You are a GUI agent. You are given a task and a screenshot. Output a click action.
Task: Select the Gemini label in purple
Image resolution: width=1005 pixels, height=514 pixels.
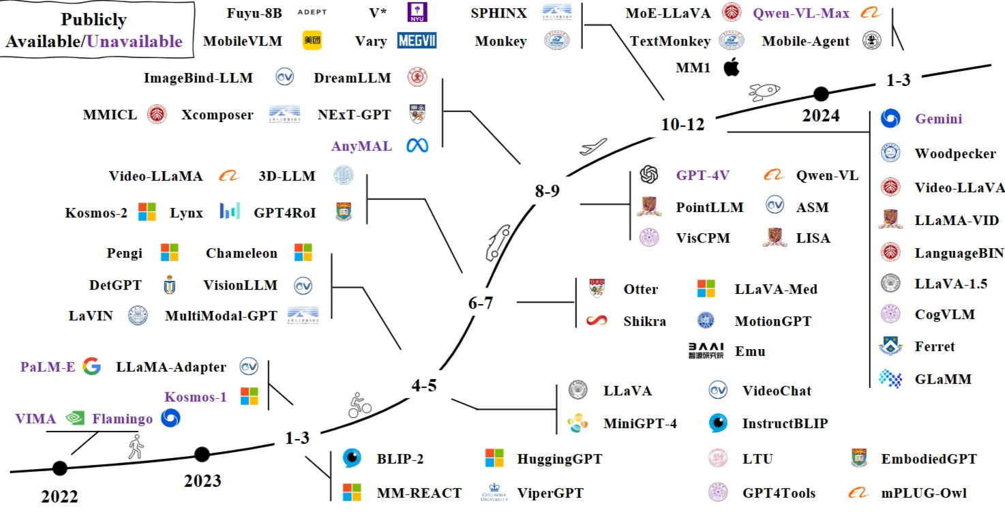938,119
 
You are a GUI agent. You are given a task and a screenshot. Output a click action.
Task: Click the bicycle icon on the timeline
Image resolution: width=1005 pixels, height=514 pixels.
359,406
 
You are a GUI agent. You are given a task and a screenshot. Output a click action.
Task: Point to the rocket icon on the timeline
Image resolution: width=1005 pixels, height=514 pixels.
764,91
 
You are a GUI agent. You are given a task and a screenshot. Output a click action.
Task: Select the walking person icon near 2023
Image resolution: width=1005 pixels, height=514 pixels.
136,447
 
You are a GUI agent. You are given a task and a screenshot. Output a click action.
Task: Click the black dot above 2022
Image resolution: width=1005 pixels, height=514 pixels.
60,468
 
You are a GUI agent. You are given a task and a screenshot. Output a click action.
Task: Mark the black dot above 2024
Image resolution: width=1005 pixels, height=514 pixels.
821,93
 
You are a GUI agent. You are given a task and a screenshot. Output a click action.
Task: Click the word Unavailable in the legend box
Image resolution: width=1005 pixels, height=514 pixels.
134,41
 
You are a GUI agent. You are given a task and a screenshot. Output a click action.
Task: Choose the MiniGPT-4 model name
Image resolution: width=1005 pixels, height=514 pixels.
640,423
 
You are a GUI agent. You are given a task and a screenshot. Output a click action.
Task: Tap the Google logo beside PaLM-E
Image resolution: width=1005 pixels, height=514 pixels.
91,367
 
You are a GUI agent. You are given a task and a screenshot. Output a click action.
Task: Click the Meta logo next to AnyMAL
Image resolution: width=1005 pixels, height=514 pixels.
417,145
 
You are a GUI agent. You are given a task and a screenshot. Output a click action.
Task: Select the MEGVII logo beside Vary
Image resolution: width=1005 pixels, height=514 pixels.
417,41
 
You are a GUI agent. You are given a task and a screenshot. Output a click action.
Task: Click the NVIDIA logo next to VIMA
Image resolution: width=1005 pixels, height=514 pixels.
74,419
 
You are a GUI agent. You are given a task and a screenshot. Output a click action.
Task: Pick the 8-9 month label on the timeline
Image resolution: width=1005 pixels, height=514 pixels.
547,192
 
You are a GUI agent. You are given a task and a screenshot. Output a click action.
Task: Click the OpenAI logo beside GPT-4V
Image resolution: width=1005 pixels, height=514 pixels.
648,175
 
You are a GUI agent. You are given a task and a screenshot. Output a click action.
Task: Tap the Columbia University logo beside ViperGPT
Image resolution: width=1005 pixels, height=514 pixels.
494,492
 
